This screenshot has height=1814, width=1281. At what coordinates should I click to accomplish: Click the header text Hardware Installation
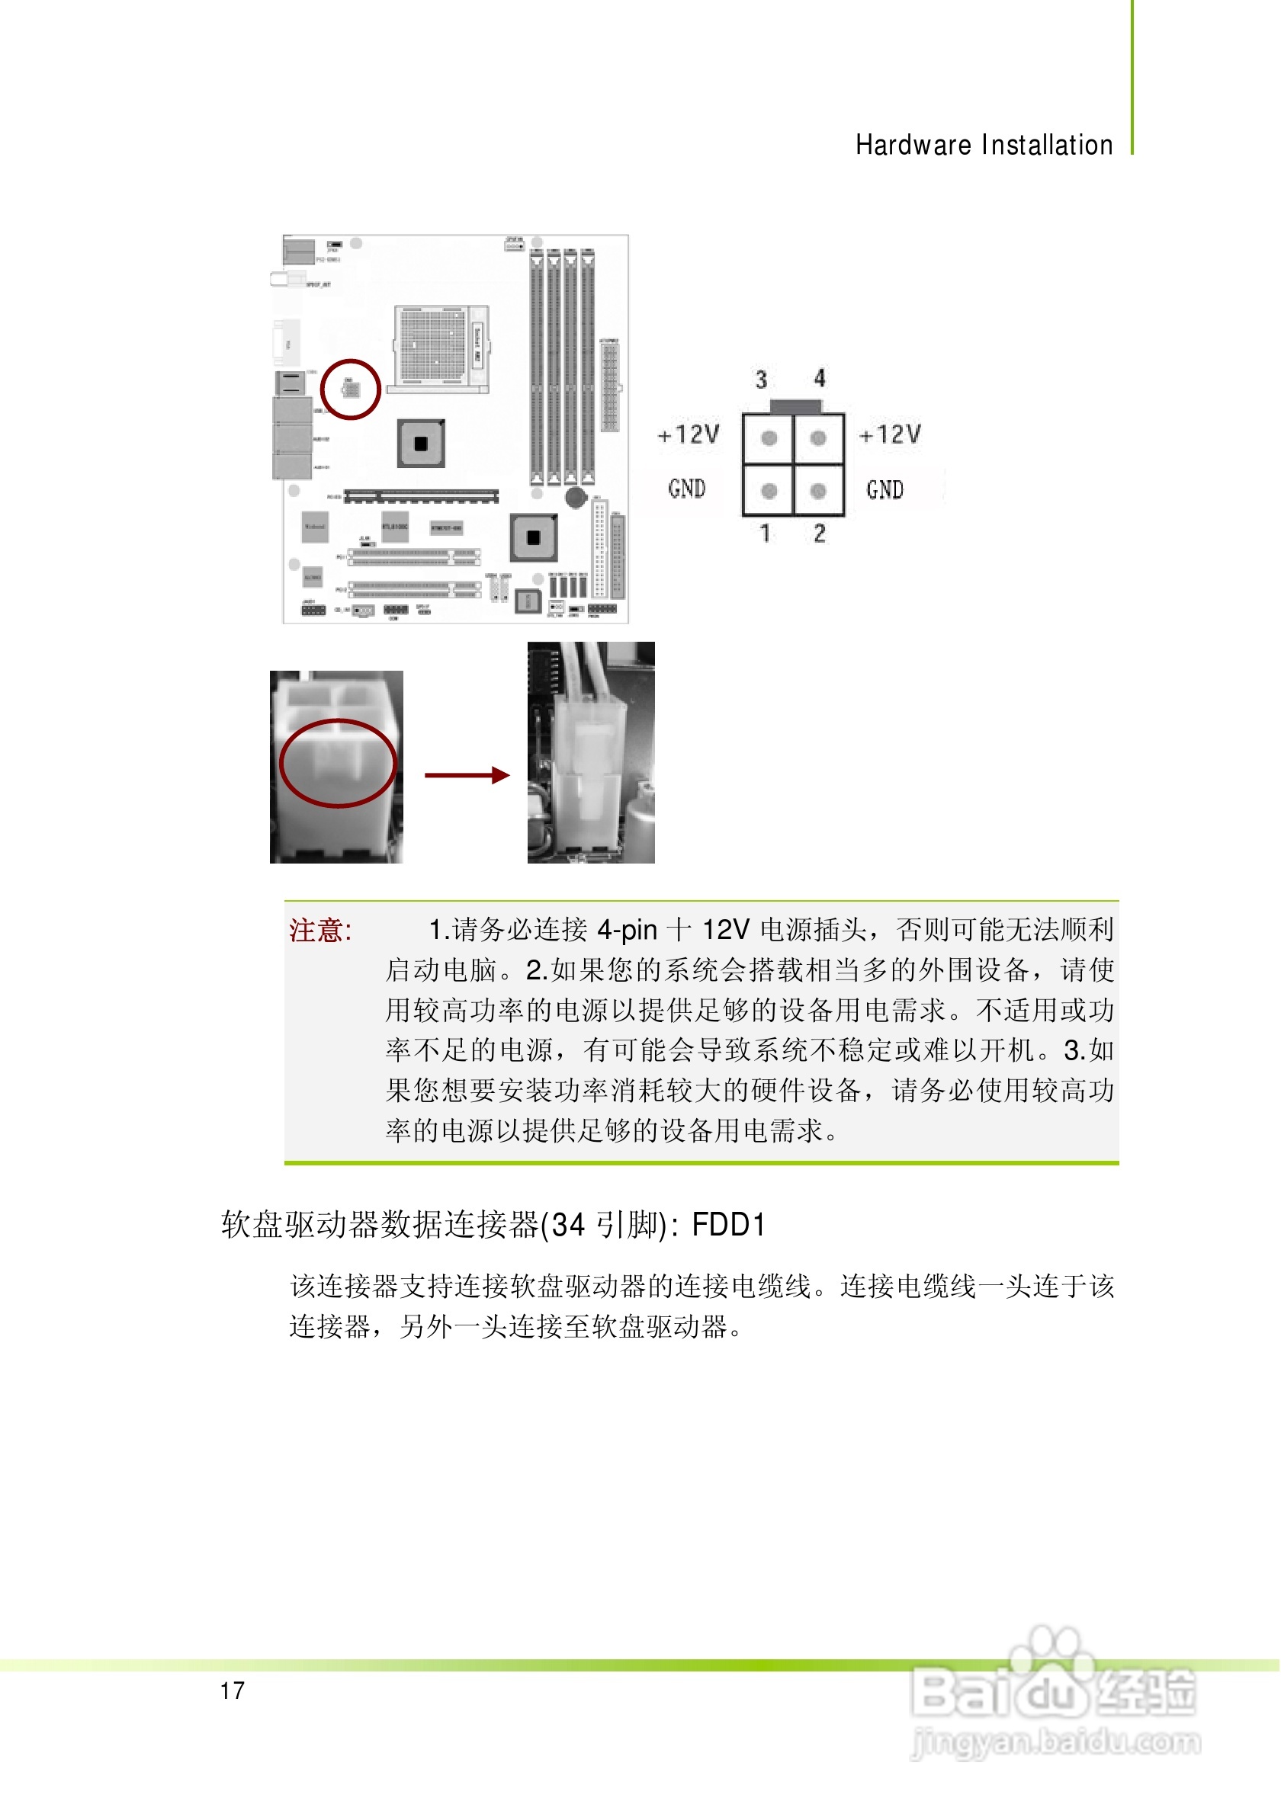(984, 146)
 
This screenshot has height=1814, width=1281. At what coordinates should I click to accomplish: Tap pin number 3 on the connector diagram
(761, 380)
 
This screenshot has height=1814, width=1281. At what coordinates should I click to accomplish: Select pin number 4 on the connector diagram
(820, 379)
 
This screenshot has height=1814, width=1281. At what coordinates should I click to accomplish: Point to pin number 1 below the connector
(764, 534)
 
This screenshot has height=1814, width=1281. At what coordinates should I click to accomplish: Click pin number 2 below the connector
(820, 534)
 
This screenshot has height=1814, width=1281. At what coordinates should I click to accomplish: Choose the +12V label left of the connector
(689, 434)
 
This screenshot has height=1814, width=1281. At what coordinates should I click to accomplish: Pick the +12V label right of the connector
(890, 434)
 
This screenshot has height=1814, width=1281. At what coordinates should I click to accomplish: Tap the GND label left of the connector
(686, 489)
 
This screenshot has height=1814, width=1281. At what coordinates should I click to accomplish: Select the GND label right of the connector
(884, 490)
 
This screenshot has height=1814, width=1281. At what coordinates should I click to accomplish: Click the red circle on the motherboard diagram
(351, 389)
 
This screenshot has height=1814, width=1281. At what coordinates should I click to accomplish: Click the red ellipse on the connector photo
(338, 763)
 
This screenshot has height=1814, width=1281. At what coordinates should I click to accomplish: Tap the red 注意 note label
(319, 931)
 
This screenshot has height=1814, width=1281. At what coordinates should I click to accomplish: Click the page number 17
(233, 1690)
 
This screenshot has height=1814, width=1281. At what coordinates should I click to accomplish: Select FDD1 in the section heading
(728, 1225)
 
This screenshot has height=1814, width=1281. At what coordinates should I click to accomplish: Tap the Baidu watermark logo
(1055, 1699)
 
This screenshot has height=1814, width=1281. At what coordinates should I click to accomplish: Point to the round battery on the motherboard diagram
(576, 497)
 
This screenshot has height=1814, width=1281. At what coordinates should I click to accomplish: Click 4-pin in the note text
(627, 930)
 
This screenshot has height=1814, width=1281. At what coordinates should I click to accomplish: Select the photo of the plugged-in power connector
(591, 752)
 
